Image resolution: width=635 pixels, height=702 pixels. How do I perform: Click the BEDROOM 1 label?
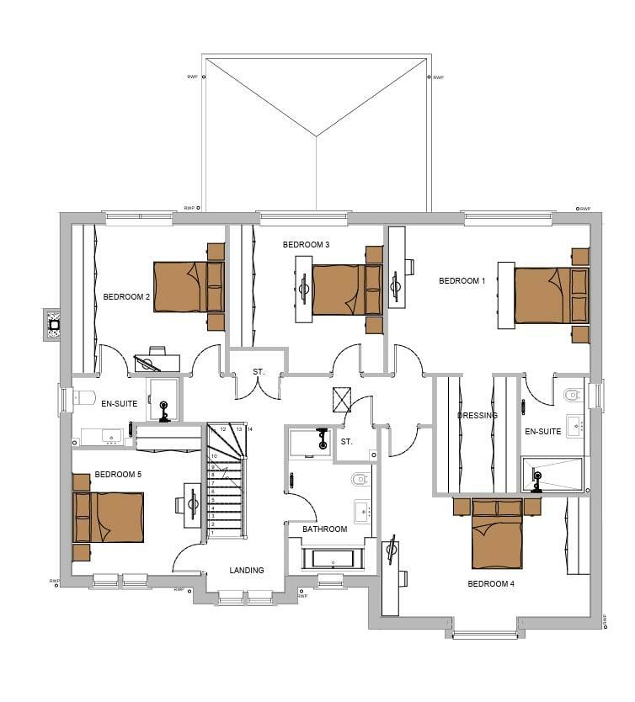click(x=462, y=281)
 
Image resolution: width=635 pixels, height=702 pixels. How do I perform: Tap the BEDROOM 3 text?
click(x=306, y=245)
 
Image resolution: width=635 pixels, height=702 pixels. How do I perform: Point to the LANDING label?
click(x=247, y=571)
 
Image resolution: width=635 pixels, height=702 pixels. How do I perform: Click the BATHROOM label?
click(x=325, y=529)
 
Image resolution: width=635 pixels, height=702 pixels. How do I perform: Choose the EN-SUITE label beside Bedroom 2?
click(x=120, y=404)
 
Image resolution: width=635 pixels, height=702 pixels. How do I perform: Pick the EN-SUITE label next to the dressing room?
click(x=542, y=432)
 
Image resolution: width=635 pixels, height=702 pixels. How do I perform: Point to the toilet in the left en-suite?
click(x=82, y=396)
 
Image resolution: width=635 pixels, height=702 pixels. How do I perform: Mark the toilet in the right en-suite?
click(x=574, y=393)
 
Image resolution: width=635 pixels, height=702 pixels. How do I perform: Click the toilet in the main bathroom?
click(x=360, y=481)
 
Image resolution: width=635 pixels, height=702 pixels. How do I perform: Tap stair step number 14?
click(x=250, y=429)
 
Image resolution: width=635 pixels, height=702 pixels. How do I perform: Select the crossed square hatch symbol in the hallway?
click(x=342, y=400)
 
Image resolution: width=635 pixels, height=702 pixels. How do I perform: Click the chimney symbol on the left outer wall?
click(x=53, y=324)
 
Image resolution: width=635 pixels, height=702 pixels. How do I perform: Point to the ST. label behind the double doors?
click(x=259, y=372)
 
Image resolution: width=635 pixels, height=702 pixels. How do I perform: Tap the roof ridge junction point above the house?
click(x=316, y=136)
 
